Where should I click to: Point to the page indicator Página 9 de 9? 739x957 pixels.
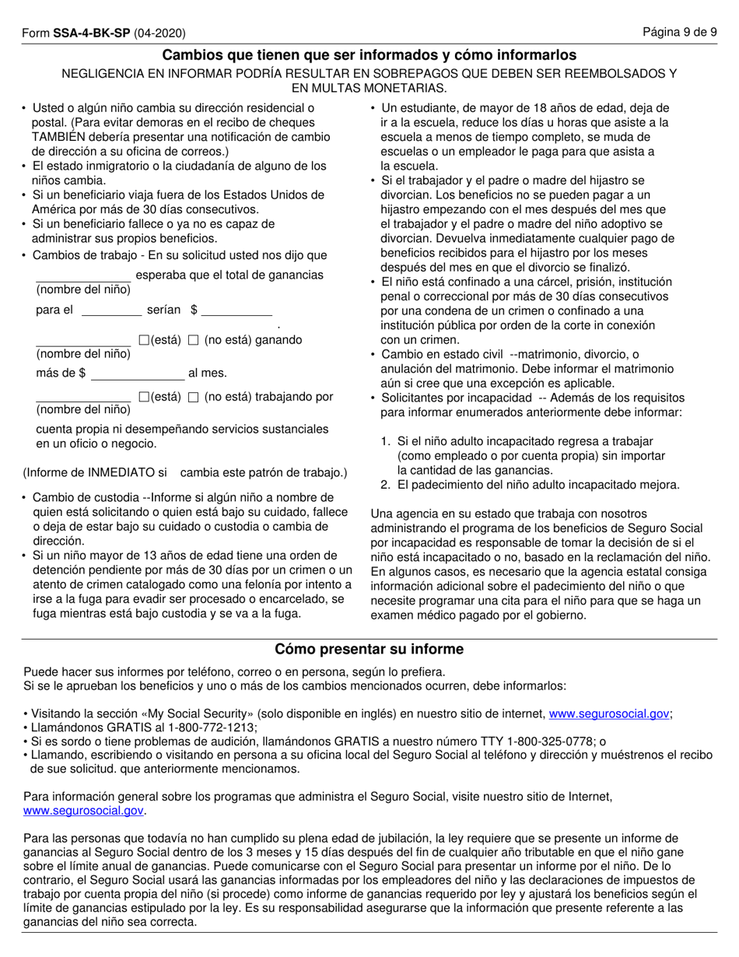tap(679, 32)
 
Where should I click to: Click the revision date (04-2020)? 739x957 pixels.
tap(160, 33)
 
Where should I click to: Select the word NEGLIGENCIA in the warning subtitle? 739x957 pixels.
tap(104, 74)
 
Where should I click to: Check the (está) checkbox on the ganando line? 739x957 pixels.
tap(143, 340)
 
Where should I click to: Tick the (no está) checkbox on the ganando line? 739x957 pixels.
tap(194, 340)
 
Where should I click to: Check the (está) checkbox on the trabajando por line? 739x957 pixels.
tap(143, 397)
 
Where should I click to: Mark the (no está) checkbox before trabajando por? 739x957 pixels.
tap(194, 397)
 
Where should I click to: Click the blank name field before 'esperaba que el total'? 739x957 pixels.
tap(83, 275)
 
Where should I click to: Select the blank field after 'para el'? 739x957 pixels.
tap(111, 310)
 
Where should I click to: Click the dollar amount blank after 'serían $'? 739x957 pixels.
tap(236, 310)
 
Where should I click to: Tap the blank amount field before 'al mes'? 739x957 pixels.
tap(137, 373)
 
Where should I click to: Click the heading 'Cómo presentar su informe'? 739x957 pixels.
tap(369, 649)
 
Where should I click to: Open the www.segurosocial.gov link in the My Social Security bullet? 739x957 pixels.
tap(609, 713)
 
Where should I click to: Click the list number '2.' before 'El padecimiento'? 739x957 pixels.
tap(386, 485)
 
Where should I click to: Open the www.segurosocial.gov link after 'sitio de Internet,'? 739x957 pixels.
tap(84, 811)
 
